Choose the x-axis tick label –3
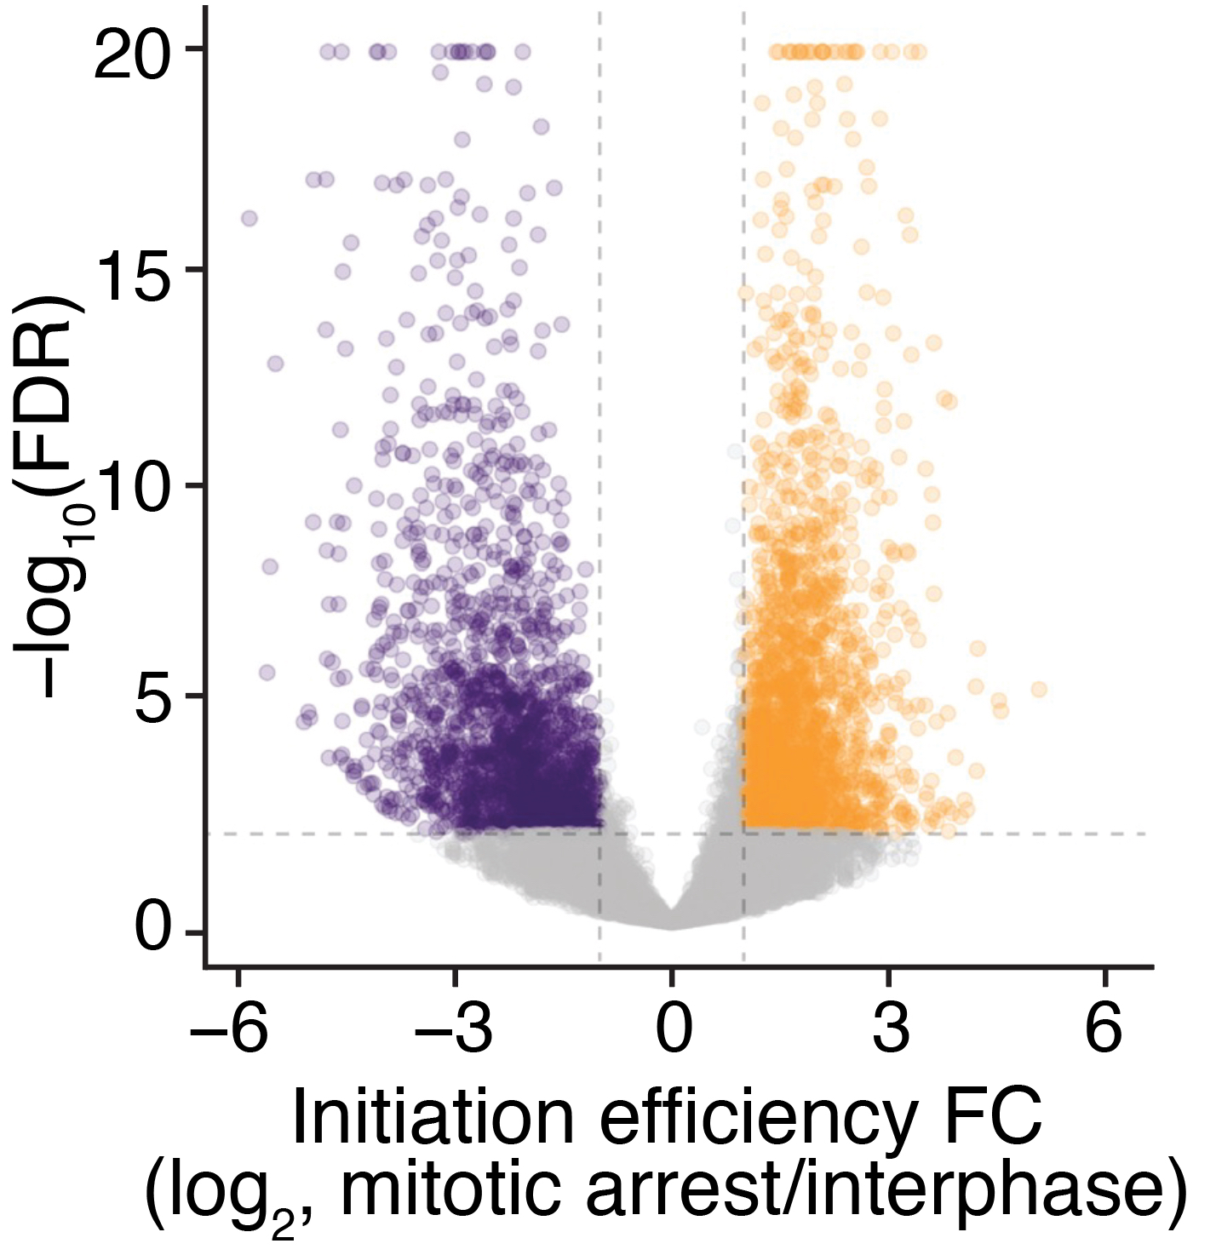coord(454,1031)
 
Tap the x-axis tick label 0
coord(673,1031)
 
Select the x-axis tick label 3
coord(890,1031)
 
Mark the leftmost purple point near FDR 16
coord(250,218)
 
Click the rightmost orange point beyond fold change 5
coord(1039,689)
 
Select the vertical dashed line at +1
coord(744,341)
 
